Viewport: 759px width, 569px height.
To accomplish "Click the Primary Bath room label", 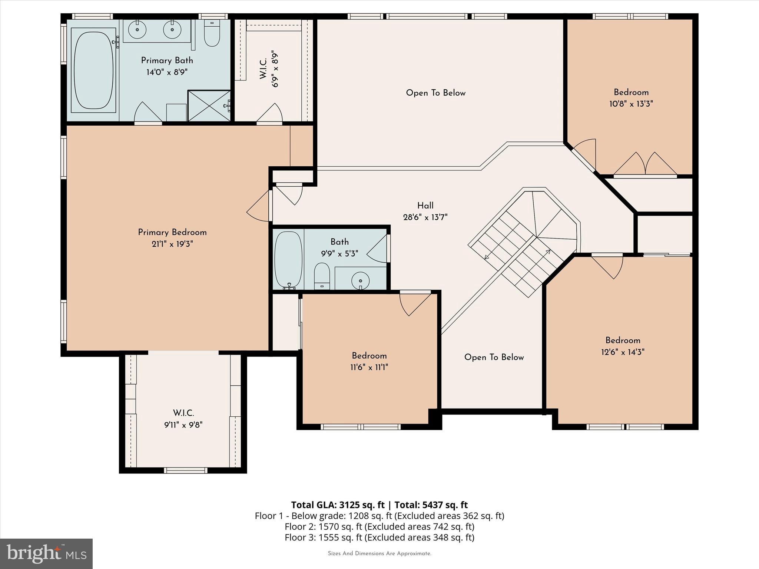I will click(x=167, y=60).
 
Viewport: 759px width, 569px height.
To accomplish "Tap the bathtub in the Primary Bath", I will click(x=93, y=70).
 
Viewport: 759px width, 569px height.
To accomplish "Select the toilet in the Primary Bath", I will click(x=212, y=34).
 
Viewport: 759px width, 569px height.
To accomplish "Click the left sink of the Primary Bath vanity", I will click(x=137, y=30).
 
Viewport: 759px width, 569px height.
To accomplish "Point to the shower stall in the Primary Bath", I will click(x=209, y=106).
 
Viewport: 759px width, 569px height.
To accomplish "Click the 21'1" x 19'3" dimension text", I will click(x=172, y=244).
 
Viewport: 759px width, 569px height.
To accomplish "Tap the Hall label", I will click(x=425, y=206).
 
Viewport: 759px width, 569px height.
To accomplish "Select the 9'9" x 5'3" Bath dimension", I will click(x=339, y=254).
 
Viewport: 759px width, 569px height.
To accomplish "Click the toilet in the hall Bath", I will click(x=322, y=276).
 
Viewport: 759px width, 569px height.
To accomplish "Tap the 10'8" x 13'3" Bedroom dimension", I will click(x=631, y=104).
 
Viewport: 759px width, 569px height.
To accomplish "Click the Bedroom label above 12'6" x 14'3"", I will click(x=623, y=340).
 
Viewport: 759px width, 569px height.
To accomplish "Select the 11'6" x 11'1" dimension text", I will click(x=369, y=367).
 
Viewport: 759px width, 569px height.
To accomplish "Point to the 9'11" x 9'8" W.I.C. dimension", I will click(x=183, y=425).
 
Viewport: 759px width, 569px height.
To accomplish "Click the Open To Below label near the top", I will click(x=435, y=93).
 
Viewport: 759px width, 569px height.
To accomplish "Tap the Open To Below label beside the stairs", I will click(x=494, y=357).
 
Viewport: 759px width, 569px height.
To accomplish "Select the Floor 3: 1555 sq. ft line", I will click(x=379, y=538).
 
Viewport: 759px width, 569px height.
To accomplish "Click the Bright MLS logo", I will click(x=46, y=553).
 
